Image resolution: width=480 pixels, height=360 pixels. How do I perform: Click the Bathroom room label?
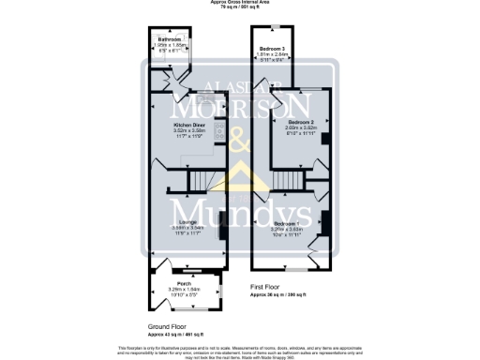[x=169, y=39]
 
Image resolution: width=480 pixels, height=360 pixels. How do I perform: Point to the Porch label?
[x=186, y=283]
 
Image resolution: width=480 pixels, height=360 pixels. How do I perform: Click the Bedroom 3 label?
[x=273, y=47]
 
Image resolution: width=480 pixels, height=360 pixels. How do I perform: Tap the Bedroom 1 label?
[x=289, y=223]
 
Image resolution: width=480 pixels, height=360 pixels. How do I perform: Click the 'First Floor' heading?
[x=266, y=287]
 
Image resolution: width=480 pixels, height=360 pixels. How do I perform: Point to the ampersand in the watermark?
[x=240, y=142]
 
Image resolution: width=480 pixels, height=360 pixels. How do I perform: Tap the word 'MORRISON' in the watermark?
[x=240, y=100]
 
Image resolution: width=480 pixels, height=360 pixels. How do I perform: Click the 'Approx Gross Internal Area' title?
[x=240, y=3]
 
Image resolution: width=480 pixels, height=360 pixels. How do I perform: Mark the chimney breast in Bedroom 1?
[x=324, y=223]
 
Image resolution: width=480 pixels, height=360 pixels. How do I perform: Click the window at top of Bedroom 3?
[x=273, y=25]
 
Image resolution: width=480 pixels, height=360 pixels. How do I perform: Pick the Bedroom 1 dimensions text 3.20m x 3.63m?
[x=289, y=230]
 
